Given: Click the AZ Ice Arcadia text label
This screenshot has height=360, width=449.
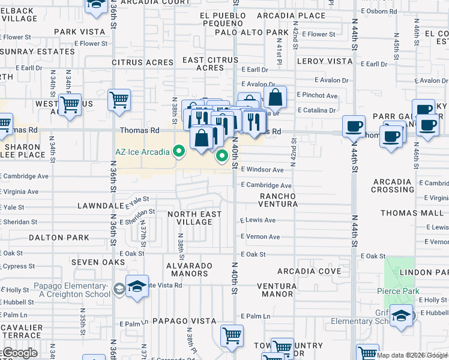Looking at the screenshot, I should tap(142, 152).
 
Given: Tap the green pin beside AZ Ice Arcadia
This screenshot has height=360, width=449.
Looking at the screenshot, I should tap(178, 152).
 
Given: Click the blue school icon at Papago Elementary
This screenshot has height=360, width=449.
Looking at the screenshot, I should tap(137, 289).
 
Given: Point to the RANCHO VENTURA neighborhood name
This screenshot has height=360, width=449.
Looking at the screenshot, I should tap(278, 200).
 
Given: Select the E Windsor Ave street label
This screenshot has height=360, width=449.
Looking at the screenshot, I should tap(262, 170).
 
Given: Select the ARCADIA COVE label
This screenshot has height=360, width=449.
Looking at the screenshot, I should tap(309, 271).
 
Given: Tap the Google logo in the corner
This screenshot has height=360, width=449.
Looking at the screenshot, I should tap(19, 353).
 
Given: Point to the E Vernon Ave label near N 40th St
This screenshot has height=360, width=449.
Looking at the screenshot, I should tap(261, 237).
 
